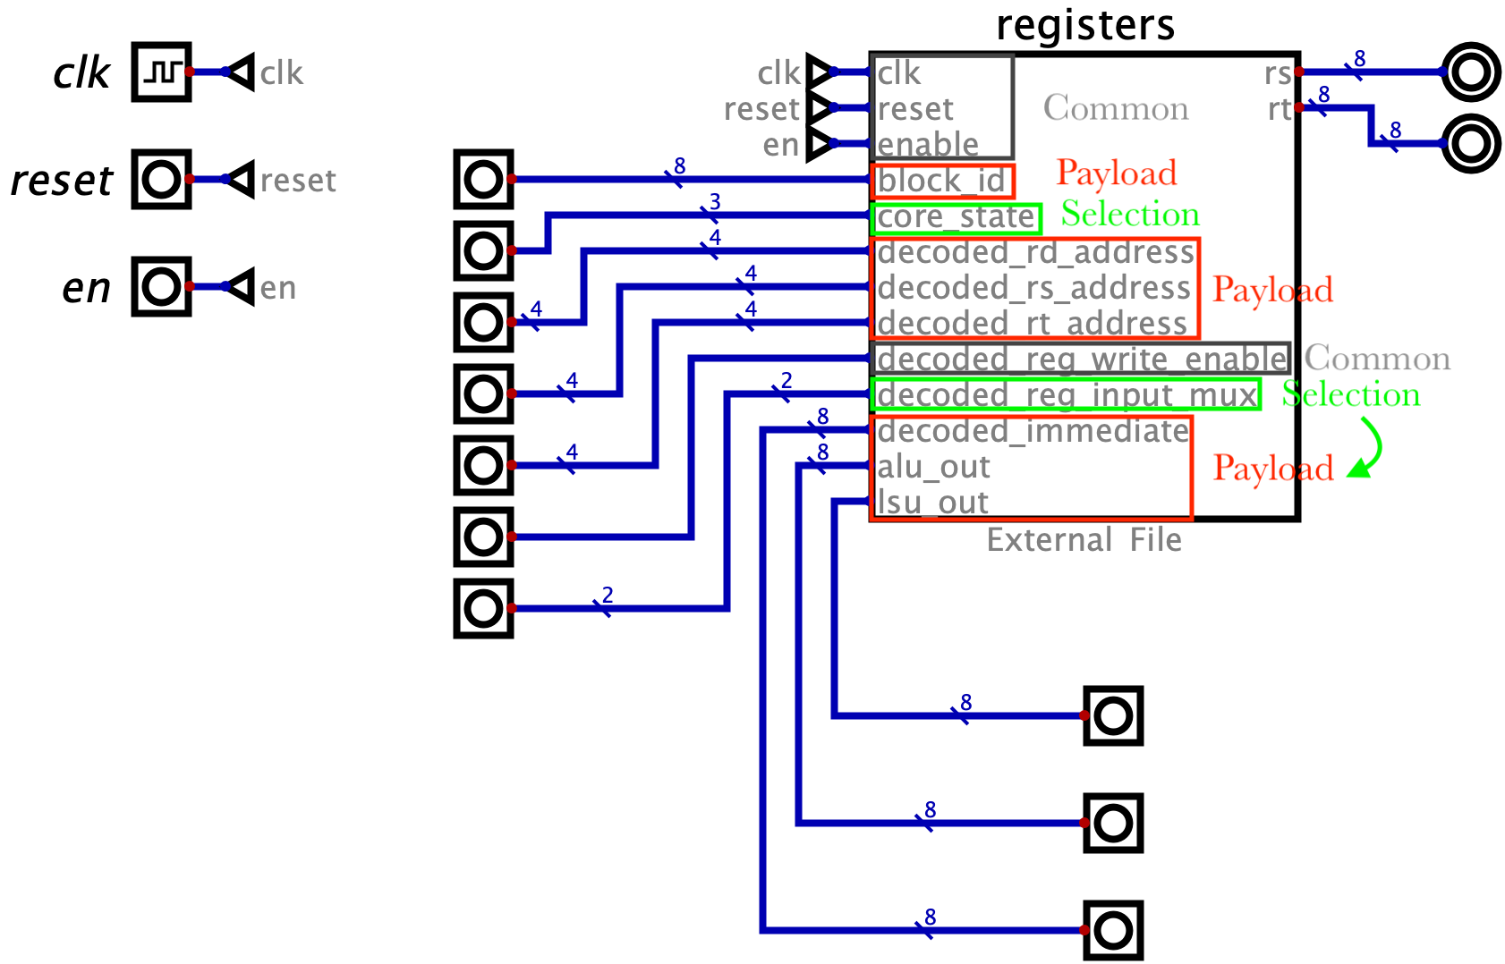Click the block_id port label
click(x=941, y=182)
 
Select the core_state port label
click(x=956, y=217)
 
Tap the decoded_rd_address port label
click(x=1035, y=253)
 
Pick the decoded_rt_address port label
click(x=1032, y=324)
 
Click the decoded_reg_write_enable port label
click(x=1081, y=359)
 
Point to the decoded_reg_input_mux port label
click(x=1067, y=395)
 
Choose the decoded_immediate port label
click(x=1033, y=431)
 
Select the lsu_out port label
click(x=932, y=503)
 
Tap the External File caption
click(x=1084, y=540)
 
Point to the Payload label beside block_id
click(x=1116, y=173)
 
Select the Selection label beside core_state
click(x=1130, y=215)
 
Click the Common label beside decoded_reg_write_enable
click(x=1376, y=359)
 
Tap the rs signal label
click(x=1278, y=73)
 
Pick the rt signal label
click(x=1280, y=109)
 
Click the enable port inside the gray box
click(x=927, y=144)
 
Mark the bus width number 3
click(x=714, y=201)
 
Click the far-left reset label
click(x=298, y=181)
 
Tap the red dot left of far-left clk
click(x=190, y=72)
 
